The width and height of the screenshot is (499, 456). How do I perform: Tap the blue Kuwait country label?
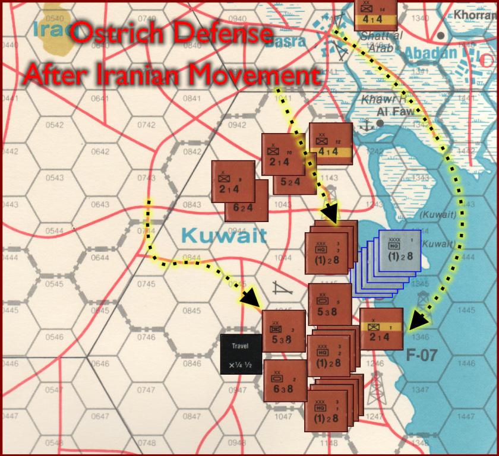(x=224, y=236)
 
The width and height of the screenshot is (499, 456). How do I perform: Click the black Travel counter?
(x=241, y=354)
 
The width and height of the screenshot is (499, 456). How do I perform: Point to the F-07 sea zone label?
(x=421, y=357)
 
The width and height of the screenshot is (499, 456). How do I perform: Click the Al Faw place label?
(x=394, y=112)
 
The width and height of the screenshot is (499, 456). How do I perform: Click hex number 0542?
(x=54, y=125)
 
